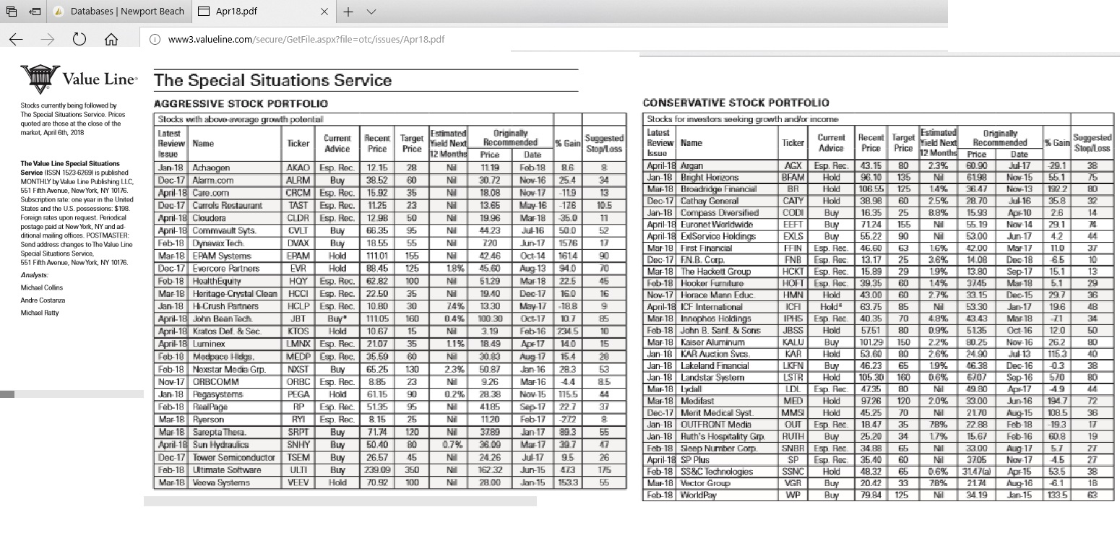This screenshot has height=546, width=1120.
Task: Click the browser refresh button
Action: pos(79,40)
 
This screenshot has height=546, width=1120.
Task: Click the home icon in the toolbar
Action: pos(111,40)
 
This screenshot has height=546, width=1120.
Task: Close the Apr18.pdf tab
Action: pos(324,12)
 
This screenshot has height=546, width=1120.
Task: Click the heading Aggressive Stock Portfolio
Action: pos(241,104)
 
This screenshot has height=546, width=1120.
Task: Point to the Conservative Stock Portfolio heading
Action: pos(736,103)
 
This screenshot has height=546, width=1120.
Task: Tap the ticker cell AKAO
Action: pos(298,167)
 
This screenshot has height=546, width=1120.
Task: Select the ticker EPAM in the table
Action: pos(298,256)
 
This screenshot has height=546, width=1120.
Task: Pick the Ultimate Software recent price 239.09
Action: pos(376,470)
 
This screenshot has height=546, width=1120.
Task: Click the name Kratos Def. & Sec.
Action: pos(226,331)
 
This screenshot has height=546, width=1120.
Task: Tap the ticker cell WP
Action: pos(793,495)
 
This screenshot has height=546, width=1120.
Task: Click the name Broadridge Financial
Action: pos(719,189)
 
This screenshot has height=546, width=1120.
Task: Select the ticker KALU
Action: pos(793,342)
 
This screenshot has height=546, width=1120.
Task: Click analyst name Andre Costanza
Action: pos(43,300)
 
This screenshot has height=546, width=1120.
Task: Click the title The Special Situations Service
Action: pos(272,81)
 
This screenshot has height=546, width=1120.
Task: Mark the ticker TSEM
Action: pos(298,458)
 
